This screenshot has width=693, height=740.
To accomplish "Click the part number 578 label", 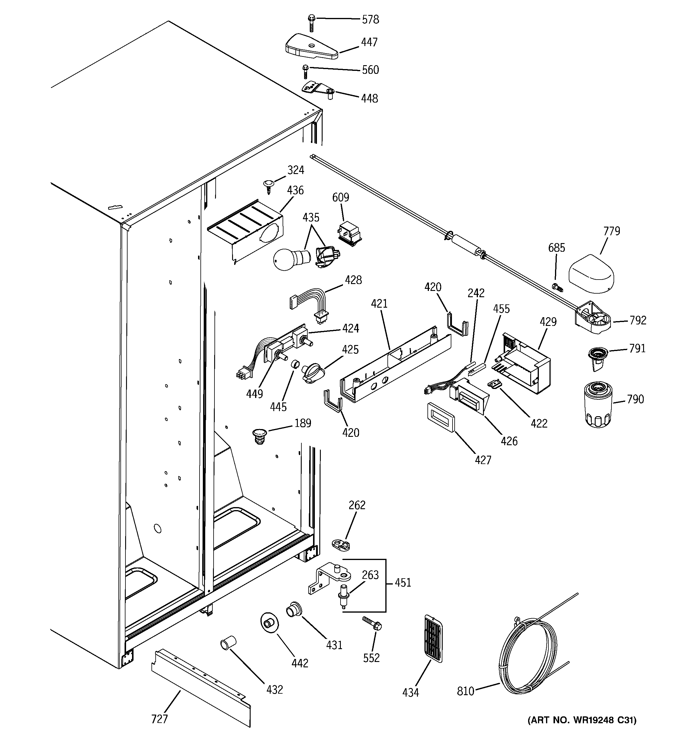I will tap(370, 19).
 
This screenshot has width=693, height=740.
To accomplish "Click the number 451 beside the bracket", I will tap(403, 582).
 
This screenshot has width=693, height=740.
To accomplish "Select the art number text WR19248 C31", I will tap(582, 730).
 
